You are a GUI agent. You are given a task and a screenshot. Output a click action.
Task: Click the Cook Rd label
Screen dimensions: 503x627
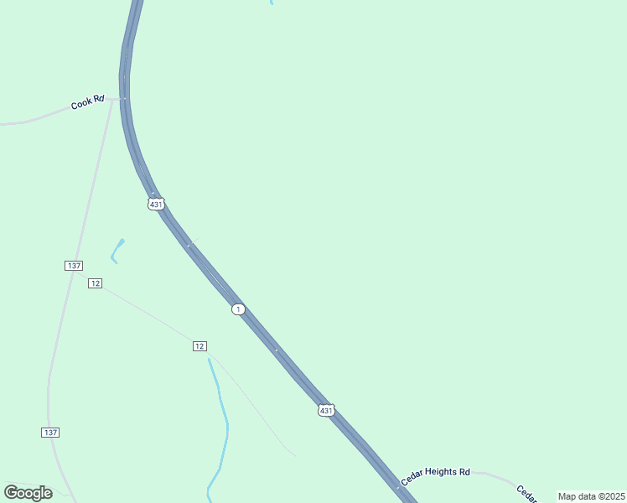[x=87, y=102]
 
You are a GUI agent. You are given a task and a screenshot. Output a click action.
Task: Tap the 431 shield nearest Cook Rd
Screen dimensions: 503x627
[x=156, y=204]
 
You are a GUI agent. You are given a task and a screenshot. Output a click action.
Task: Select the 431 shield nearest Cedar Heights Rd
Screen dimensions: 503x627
[x=326, y=410]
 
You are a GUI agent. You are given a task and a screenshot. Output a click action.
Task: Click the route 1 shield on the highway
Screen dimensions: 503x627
[x=239, y=309]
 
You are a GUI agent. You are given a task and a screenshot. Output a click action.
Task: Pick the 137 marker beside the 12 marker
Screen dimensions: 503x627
[x=74, y=265]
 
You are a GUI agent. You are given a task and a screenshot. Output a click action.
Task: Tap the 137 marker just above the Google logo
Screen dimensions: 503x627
[x=50, y=432]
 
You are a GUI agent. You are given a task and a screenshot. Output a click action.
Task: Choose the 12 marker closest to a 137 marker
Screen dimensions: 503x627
[x=96, y=283]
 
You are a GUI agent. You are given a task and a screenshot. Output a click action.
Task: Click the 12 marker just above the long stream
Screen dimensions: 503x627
[x=199, y=346]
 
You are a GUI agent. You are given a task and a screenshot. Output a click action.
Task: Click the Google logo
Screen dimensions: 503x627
[x=28, y=492]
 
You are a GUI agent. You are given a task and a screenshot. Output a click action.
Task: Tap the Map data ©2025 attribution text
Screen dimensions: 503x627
[x=591, y=496]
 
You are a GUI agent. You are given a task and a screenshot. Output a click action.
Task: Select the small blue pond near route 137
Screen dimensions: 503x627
[x=117, y=250]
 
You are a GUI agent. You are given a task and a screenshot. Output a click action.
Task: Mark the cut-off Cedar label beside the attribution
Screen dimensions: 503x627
[x=526, y=493]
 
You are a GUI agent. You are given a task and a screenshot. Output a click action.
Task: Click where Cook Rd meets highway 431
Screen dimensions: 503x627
[x=124, y=98]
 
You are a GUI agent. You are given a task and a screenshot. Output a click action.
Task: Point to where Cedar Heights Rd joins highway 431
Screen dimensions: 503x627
[x=397, y=486]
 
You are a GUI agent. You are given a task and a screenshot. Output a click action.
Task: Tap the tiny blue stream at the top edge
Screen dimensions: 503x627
[x=271, y=3]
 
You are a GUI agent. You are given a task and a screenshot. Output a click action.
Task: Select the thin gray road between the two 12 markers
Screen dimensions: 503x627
[x=147, y=314]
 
